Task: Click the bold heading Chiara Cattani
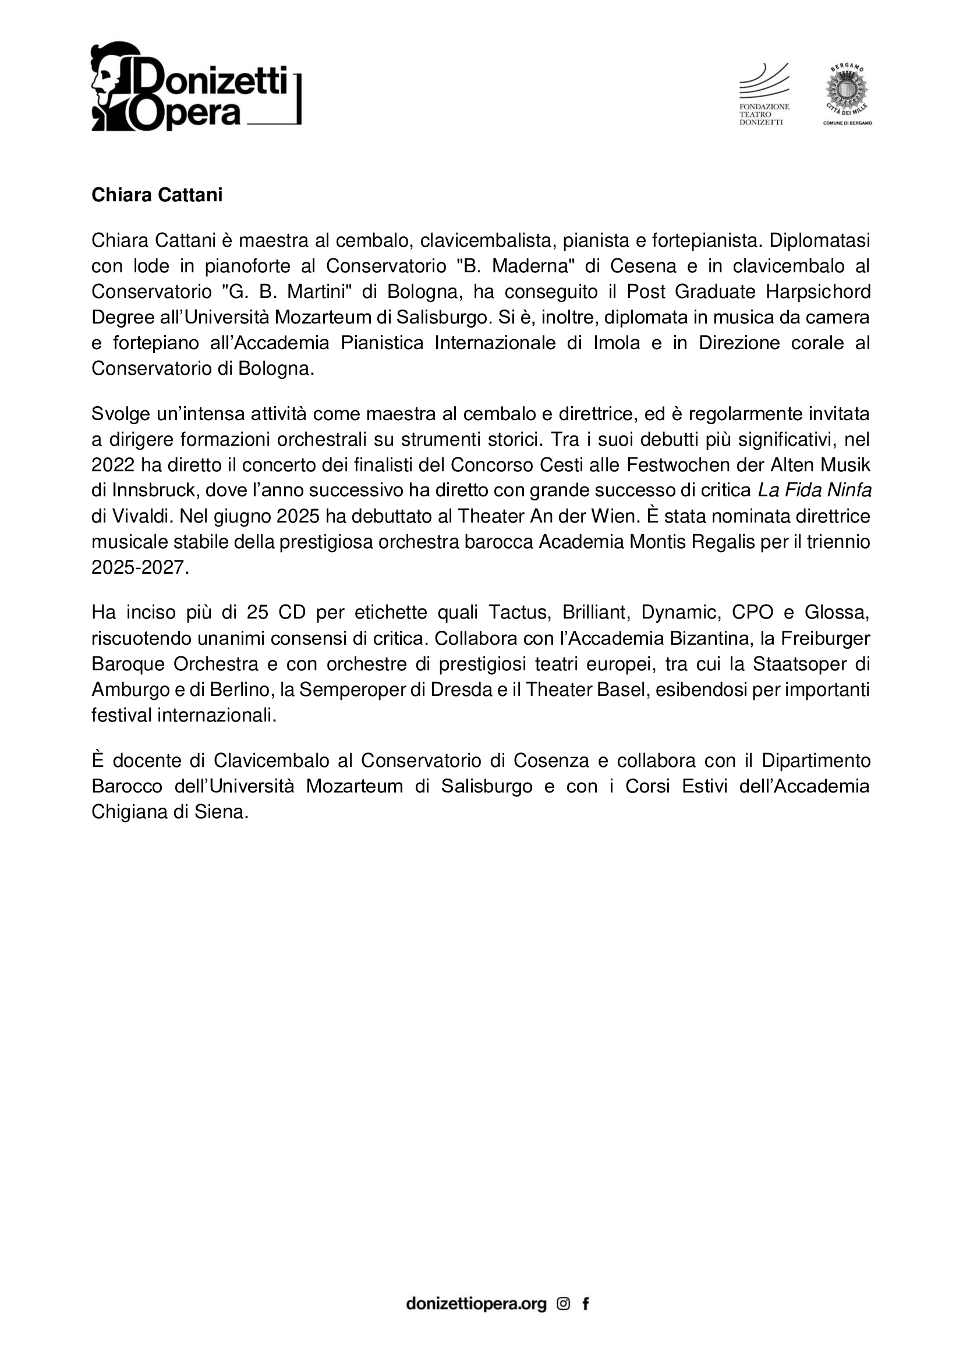click(x=157, y=195)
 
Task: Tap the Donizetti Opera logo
click(x=196, y=87)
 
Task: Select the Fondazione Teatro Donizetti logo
click(x=764, y=95)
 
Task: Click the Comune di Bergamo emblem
click(x=847, y=95)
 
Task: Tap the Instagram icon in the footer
click(x=564, y=1303)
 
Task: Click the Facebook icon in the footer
click(x=586, y=1303)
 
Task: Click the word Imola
click(x=617, y=343)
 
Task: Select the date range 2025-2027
click(x=140, y=567)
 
